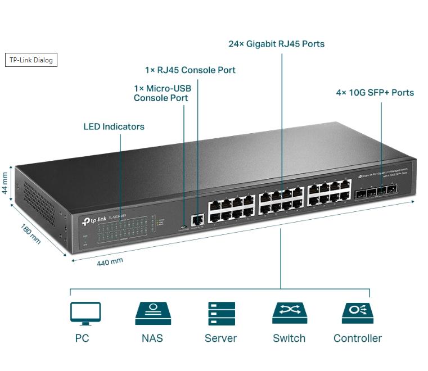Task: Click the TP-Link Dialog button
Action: click(31, 60)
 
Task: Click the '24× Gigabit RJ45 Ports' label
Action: click(276, 43)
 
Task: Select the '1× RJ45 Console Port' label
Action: click(190, 70)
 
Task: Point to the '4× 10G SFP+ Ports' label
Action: click(375, 92)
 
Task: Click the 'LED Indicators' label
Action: click(114, 126)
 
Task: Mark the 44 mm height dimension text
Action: click(5, 183)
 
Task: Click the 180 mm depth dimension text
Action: click(30, 233)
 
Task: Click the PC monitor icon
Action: click(85, 313)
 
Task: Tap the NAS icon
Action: click(152, 313)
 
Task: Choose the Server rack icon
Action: click(221, 313)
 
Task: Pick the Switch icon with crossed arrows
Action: click(289, 313)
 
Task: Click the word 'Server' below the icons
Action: click(220, 338)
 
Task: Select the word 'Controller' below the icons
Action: click(357, 338)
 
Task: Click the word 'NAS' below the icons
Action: click(152, 338)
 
